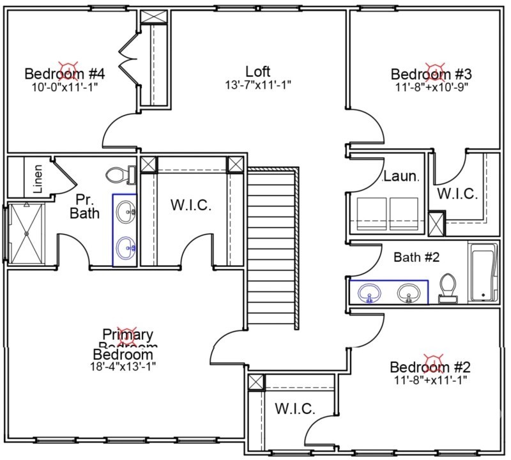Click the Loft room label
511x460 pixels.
pos(258,71)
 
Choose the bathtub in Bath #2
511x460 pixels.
pos(483,273)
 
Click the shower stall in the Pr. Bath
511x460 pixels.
pos(26,233)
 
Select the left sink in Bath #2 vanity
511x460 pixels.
pos(369,294)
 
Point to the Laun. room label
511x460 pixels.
pos(400,176)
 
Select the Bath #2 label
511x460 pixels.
pos(416,259)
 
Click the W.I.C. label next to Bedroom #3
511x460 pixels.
pos(457,194)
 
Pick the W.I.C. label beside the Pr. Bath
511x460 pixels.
pos(190,205)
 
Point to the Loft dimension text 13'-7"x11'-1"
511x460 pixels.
pos(258,85)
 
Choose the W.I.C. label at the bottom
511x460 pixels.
pos(294,409)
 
